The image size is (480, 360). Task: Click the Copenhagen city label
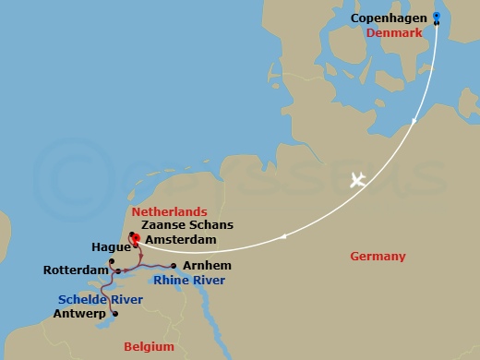click(389, 18)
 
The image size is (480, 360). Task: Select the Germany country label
click(378, 257)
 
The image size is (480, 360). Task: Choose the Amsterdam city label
click(180, 239)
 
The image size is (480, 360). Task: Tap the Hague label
click(110, 247)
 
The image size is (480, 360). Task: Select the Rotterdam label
click(75, 270)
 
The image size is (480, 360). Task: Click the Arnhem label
click(201, 266)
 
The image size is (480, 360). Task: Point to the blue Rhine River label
click(189, 280)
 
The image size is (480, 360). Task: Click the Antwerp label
click(80, 315)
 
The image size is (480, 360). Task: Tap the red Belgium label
click(150, 347)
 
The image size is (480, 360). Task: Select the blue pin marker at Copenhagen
click(437, 17)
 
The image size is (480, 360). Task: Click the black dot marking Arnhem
click(174, 266)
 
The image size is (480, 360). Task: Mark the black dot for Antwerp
click(114, 315)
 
